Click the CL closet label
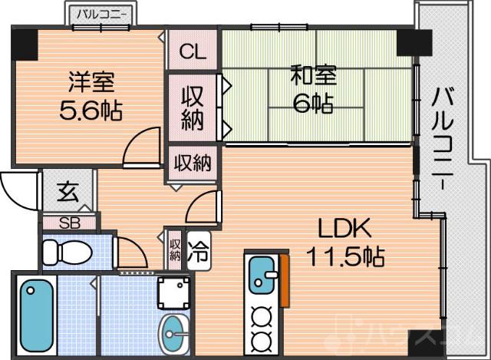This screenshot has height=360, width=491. pos(193,52)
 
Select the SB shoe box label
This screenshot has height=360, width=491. pos(68,223)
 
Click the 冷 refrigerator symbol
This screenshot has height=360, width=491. pos(196,249)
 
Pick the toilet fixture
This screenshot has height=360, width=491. pos(63,252)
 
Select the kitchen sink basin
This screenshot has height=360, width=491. pos(263,273)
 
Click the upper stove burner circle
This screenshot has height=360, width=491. pos(263,315)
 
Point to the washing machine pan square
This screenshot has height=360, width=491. pos(173,292)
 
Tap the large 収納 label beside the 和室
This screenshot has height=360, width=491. pos(193,107)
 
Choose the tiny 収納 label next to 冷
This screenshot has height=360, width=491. pos(175,249)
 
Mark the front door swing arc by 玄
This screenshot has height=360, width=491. pos(17,188)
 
